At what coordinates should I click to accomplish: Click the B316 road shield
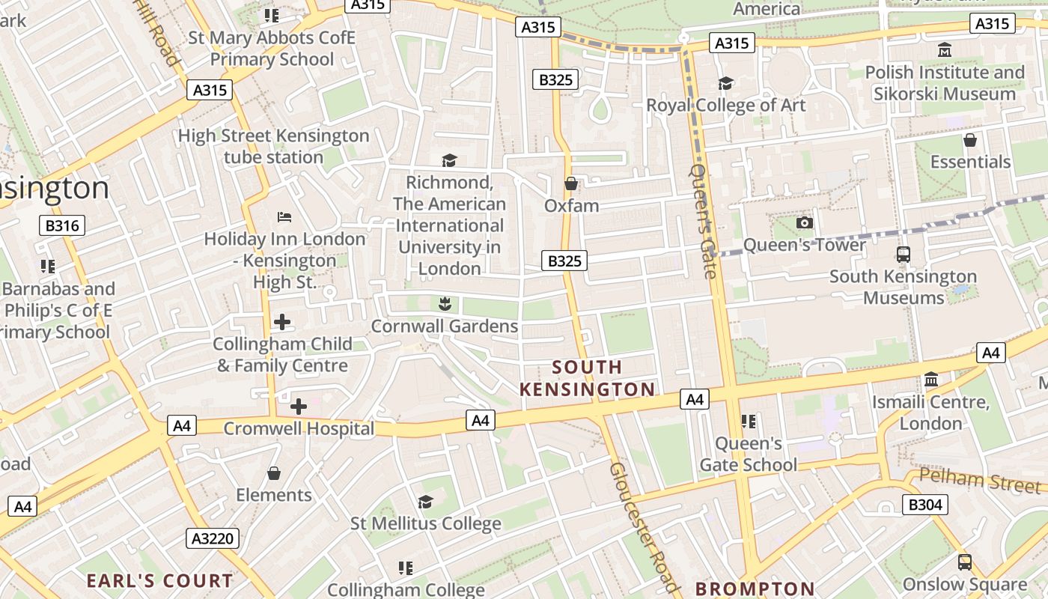pyautogui.click(x=62, y=225)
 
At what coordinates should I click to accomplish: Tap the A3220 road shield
pyautogui.click(x=213, y=538)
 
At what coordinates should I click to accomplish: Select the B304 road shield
pyautogui.click(x=924, y=505)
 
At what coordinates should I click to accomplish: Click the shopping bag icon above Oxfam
pyautogui.click(x=571, y=183)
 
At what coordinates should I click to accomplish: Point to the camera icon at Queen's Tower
pyautogui.click(x=805, y=222)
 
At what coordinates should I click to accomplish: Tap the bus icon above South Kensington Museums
pyautogui.click(x=904, y=254)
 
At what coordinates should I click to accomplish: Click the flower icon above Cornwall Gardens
pyautogui.click(x=445, y=303)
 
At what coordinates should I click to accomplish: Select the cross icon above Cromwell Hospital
pyautogui.click(x=298, y=407)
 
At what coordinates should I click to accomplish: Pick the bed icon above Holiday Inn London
pyautogui.click(x=284, y=217)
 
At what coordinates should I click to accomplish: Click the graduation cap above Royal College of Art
pyautogui.click(x=725, y=83)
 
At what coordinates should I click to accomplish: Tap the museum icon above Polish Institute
pyautogui.click(x=945, y=50)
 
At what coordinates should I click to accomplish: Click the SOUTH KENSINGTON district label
pyautogui.click(x=588, y=378)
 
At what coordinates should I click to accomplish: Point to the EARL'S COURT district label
pyautogui.click(x=159, y=580)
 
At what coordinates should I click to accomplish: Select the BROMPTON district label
pyautogui.click(x=755, y=589)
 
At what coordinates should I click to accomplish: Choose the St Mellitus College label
pyautogui.click(x=426, y=523)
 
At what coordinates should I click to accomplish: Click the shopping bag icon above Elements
pyautogui.click(x=274, y=473)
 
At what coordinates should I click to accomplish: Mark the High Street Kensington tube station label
pyautogui.click(x=273, y=147)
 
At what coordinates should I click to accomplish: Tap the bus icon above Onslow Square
pyautogui.click(x=965, y=562)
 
